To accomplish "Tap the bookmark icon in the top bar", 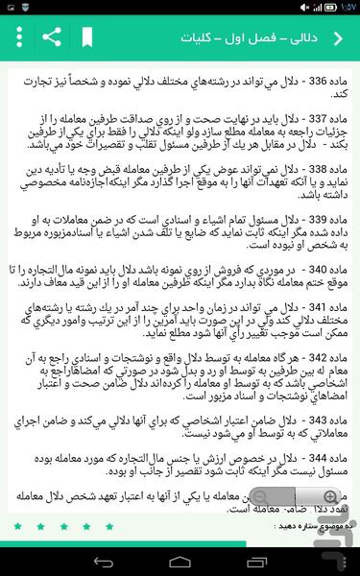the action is pos(87,38).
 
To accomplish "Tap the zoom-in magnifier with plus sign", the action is pos(330,497).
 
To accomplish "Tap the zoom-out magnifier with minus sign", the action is pos(256,497).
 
